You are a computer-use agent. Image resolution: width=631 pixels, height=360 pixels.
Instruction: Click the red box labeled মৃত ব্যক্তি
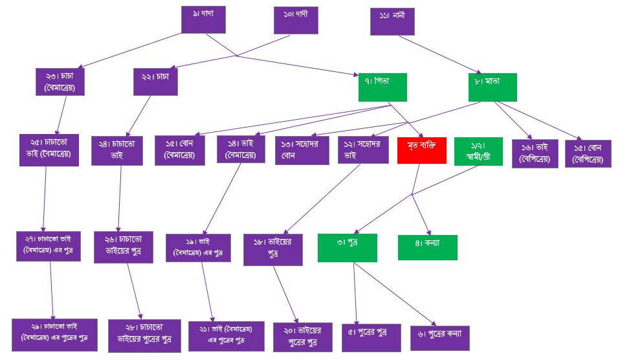(x=422, y=150)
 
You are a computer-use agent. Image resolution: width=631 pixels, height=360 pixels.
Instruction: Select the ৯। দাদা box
(x=203, y=19)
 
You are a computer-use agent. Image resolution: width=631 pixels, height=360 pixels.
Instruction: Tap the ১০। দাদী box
(x=295, y=19)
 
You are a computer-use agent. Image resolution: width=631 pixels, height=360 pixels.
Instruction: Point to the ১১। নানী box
(x=392, y=21)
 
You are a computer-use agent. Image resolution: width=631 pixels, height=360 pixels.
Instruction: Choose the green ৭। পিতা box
(x=382, y=87)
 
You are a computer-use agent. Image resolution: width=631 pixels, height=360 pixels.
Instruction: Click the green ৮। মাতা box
(x=493, y=87)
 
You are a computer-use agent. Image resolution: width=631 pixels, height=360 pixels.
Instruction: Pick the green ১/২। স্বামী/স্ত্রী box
(x=478, y=152)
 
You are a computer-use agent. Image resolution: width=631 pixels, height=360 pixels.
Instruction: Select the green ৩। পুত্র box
(x=347, y=248)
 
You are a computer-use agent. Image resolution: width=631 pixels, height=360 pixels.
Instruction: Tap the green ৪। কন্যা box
(x=427, y=247)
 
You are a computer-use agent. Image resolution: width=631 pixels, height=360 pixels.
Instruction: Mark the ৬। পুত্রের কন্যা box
(x=440, y=337)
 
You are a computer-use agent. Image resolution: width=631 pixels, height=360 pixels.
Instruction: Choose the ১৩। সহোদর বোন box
(x=302, y=150)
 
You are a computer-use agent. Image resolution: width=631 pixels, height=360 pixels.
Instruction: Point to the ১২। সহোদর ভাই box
(x=359, y=150)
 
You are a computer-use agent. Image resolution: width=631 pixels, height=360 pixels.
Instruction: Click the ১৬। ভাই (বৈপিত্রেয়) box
(x=535, y=153)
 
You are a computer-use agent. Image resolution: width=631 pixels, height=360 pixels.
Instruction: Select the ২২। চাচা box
(x=155, y=81)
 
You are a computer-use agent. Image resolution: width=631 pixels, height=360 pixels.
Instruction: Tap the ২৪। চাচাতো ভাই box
(x=116, y=150)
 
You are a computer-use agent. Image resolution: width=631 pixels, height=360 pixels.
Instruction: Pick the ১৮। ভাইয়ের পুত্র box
(x=273, y=249)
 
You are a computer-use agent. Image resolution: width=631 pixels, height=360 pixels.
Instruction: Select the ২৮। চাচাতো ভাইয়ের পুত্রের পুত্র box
(x=144, y=335)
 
